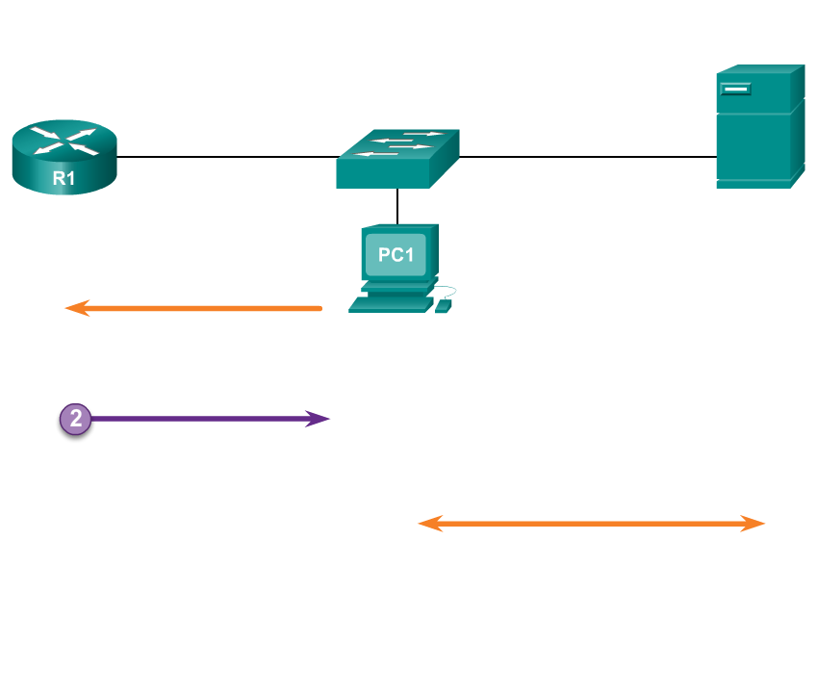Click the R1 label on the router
coord(64,177)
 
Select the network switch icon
coord(397,159)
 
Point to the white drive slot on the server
coord(736,90)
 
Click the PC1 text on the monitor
coord(396,255)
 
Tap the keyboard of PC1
coord(391,304)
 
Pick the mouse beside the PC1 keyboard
coord(443,306)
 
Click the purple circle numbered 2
coord(75,419)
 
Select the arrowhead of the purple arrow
coord(319,419)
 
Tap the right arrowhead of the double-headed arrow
coord(754,524)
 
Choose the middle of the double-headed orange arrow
coord(591,524)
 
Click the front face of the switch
coord(382,174)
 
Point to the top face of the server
coord(760,70)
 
